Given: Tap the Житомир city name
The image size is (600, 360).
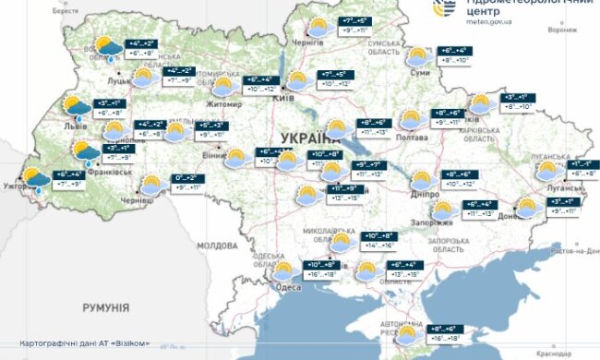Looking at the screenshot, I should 227,104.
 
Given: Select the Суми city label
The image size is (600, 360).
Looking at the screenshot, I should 421,72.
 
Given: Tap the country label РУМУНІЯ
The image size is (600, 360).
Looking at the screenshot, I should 104,306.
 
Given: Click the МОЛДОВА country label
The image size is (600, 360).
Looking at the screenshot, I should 218,246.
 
